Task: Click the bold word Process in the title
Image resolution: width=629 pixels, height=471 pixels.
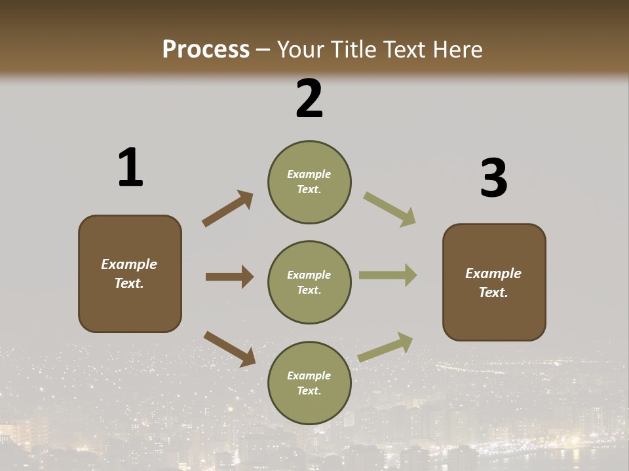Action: pyautogui.click(x=206, y=49)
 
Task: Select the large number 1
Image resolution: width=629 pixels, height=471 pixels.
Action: pyautogui.click(x=130, y=167)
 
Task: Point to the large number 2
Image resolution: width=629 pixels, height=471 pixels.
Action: pyautogui.click(x=309, y=99)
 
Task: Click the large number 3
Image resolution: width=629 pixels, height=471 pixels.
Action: pyautogui.click(x=494, y=179)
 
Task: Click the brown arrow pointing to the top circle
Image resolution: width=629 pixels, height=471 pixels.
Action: pyautogui.click(x=228, y=208)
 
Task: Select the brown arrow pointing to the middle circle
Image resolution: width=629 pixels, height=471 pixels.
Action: pyautogui.click(x=229, y=277)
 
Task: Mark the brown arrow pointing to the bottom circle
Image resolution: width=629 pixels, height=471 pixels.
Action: pyautogui.click(x=229, y=349)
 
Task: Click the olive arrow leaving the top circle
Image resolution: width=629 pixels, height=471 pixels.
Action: pyautogui.click(x=389, y=209)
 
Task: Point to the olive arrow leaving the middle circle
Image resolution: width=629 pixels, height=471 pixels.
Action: pyautogui.click(x=388, y=275)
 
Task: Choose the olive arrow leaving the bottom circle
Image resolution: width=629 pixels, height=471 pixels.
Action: pyautogui.click(x=385, y=347)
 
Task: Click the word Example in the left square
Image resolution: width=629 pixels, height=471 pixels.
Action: pyautogui.click(x=129, y=264)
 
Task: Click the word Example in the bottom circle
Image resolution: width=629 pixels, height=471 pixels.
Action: pyautogui.click(x=309, y=375)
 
